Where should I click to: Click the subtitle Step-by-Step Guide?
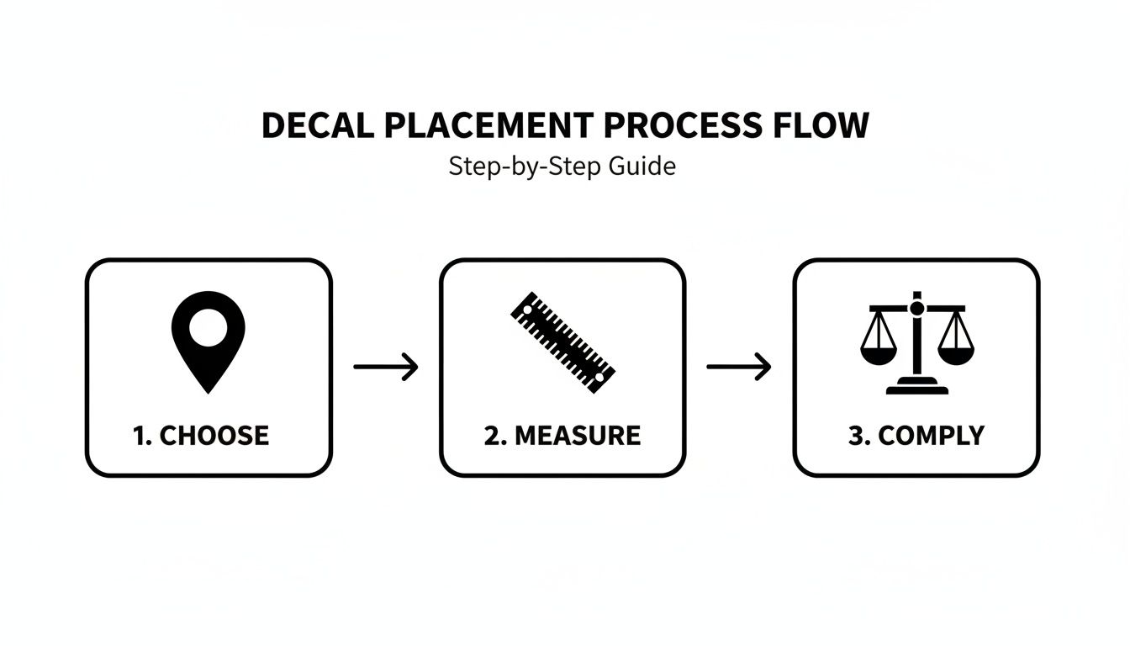tap(562, 167)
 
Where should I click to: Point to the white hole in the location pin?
tap(208, 327)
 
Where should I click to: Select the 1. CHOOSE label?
tap(201, 436)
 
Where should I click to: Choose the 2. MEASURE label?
tap(562, 436)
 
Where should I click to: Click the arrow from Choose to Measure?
tap(385, 367)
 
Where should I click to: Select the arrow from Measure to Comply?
tap(738, 367)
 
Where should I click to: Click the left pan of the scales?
tap(878, 352)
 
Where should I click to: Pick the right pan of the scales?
tap(955, 352)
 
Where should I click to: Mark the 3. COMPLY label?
tap(916, 436)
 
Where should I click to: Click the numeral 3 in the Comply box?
tap(855, 436)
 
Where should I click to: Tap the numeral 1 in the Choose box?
tap(139, 436)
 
